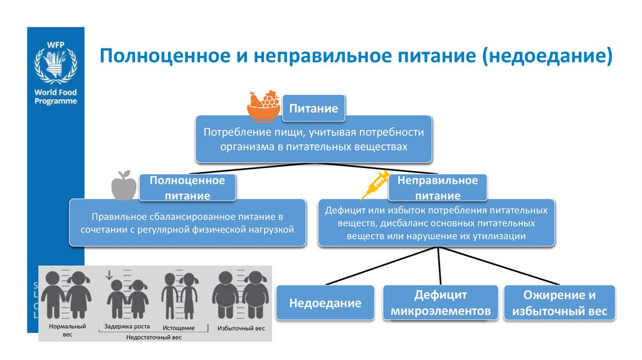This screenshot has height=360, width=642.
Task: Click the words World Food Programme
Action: (x=56, y=96)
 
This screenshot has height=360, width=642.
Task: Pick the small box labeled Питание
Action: (x=313, y=109)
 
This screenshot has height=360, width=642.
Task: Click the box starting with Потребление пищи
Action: (x=313, y=139)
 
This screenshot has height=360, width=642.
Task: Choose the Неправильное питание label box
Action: (x=438, y=188)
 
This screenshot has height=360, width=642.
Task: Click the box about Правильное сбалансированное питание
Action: (x=187, y=223)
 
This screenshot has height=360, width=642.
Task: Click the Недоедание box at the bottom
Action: (x=325, y=303)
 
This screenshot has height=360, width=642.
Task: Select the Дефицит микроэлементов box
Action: (x=440, y=303)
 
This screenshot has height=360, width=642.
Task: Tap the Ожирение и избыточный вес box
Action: (x=560, y=303)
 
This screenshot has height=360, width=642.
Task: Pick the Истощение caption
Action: (x=178, y=327)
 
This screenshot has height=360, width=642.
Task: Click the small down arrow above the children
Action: (x=108, y=273)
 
